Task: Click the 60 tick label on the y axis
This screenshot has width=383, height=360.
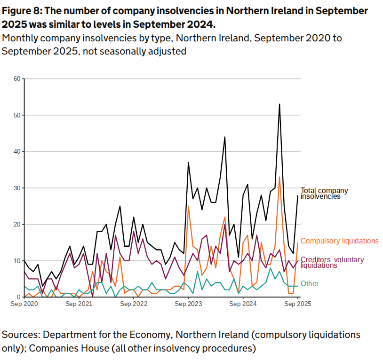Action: point(17,78)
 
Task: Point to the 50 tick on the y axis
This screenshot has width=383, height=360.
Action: point(17,115)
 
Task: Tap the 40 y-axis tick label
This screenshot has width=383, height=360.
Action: point(17,151)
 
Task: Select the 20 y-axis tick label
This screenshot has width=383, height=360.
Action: point(17,224)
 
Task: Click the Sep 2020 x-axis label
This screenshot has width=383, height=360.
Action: point(24,304)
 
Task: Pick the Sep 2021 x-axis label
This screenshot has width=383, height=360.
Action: point(79,304)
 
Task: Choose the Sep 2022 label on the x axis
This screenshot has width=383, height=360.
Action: point(134,304)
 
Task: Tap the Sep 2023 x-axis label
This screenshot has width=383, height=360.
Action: point(188,304)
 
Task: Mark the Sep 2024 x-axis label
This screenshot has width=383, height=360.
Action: point(243,304)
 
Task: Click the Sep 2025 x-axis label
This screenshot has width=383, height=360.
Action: point(297,304)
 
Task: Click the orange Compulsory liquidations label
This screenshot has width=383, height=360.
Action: point(339,241)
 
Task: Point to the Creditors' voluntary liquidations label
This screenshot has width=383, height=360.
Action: point(332,262)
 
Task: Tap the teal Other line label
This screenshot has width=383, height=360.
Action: point(310,284)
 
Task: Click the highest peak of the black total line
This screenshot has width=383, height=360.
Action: point(279,104)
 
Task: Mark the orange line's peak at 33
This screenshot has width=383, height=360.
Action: point(279,177)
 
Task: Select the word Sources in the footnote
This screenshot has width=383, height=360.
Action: point(20,335)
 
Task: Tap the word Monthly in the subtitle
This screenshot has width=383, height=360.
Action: point(20,39)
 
